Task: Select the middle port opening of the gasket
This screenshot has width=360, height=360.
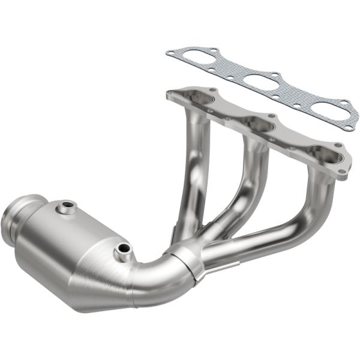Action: click(262, 82)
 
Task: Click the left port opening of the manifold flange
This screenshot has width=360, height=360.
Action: click(201, 98)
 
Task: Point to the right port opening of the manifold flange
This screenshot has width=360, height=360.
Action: click(324, 154)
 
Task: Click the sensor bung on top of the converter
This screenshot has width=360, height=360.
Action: click(67, 208)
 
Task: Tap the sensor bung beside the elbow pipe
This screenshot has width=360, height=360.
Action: click(123, 249)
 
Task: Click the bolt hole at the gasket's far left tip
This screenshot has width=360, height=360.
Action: click(170, 54)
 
